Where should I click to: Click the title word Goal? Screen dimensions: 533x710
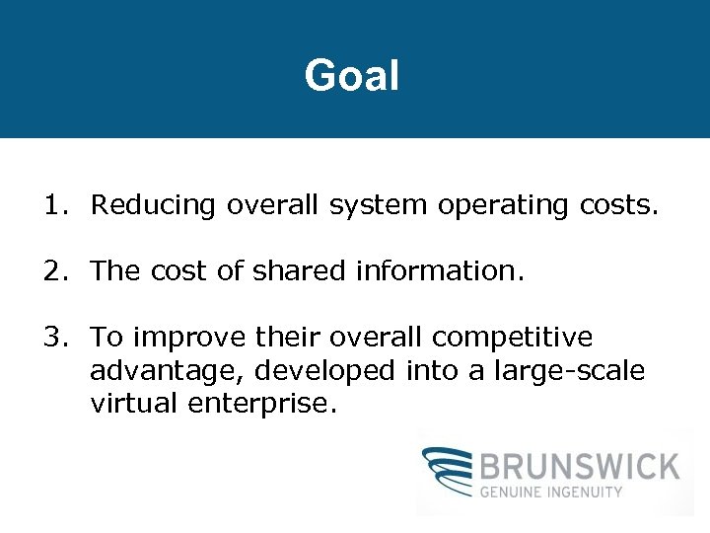tap(352, 76)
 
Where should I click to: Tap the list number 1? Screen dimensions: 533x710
tap(51, 205)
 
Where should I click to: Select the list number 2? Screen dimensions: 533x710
tap(51, 271)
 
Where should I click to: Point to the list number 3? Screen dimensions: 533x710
tap(51, 338)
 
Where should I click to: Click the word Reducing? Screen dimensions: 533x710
tap(153, 205)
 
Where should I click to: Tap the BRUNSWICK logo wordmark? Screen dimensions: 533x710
tap(581, 465)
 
